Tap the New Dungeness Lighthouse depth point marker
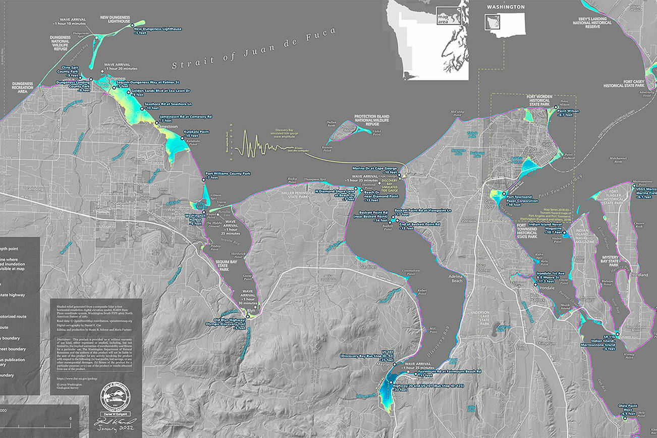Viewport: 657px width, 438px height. click(132, 25)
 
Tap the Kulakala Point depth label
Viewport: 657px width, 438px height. click(190, 133)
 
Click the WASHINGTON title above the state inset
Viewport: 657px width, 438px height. click(504, 8)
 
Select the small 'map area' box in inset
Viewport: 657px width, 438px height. click(444, 18)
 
